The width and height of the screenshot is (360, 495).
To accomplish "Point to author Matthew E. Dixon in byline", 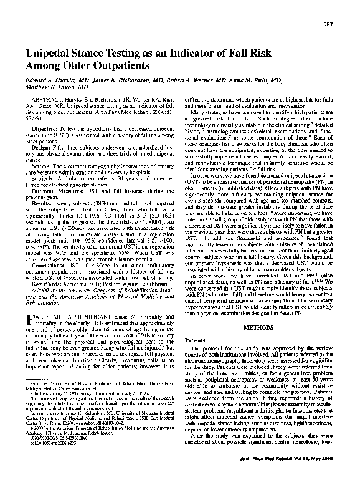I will tap(52, 87).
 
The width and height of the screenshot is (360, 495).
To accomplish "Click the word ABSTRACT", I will tap(47, 99).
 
